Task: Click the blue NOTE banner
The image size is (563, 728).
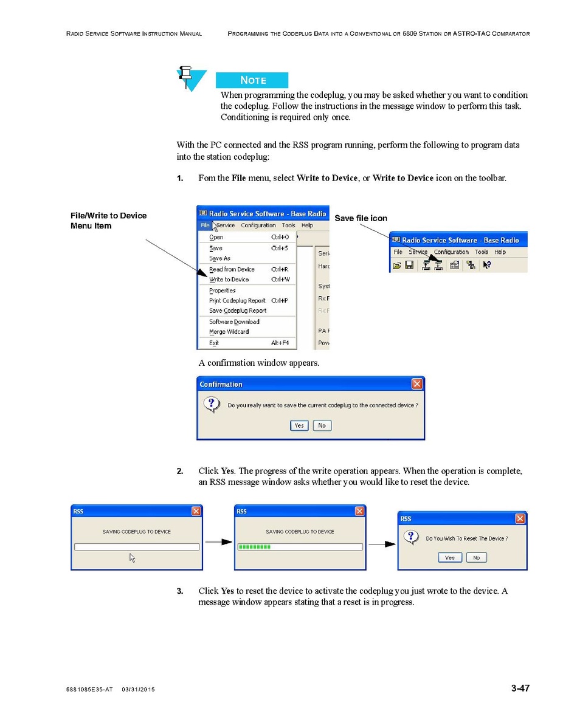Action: pos(252,80)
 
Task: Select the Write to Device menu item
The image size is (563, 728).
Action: pos(229,280)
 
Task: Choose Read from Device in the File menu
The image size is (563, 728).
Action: pos(232,269)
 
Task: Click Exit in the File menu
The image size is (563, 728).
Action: pos(214,343)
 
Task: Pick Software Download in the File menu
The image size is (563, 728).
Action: pos(234,322)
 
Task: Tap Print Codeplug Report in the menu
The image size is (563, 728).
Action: pos(237,301)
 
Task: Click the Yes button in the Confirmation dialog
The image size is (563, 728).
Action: pos(299,425)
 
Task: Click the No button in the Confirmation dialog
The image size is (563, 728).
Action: pos(322,425)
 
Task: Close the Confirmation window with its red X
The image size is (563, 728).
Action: pos(416,384)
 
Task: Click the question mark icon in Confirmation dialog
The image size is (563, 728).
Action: pos(211,404)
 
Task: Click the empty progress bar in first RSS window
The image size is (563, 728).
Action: pos(137,547)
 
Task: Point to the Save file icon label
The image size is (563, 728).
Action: pos(361,218)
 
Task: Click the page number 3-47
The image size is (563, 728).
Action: pos(520,689)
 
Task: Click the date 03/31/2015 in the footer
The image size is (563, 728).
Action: pos(138,689)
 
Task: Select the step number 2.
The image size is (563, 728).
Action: pos(180,471)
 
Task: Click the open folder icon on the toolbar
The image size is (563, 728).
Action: pos(397,265)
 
